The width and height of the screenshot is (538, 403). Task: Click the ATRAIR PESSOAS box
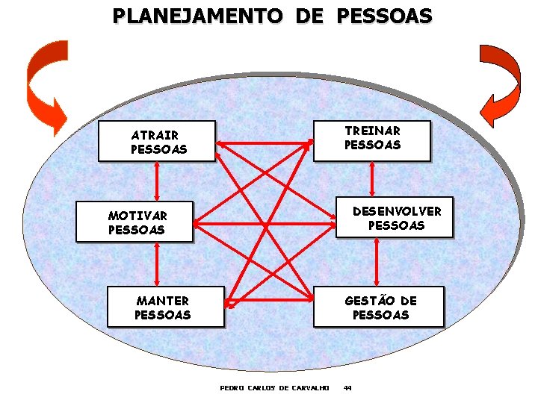[x=157, y=142]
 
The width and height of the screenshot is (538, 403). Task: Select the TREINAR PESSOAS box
[x=372, y=139]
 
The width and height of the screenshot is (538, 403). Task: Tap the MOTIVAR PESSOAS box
[x=134, y=222]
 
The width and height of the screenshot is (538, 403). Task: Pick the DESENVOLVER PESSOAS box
[x=395, y=217]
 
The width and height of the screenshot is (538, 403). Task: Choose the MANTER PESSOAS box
[x=165, y=307]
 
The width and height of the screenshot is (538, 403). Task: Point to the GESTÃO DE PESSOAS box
[x=378, y=307]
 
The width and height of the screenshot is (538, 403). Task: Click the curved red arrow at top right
[x=498, y=86]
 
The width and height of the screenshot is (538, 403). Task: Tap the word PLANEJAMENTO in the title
[x=194, y=16]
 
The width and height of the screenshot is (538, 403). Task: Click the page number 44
[x=347, y=388]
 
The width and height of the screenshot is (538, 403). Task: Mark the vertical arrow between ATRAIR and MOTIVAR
[x=157, y=181]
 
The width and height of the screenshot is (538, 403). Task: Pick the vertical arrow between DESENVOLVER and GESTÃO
[x=378, y=263]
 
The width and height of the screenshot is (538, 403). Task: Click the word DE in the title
[x=315, y=16]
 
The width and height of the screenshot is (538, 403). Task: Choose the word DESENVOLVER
[x=397, y=211]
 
